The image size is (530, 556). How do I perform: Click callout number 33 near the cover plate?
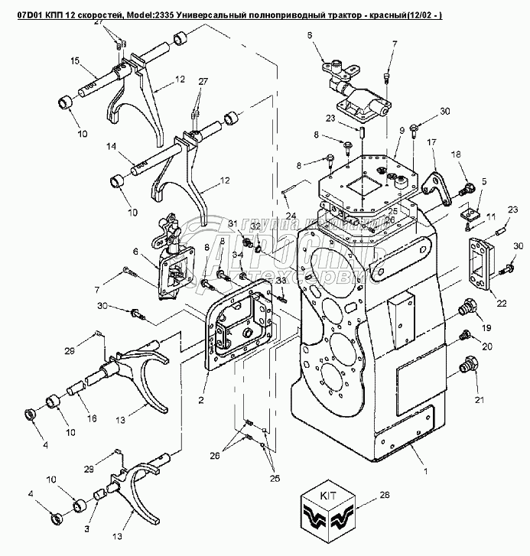click(x=280, y=281)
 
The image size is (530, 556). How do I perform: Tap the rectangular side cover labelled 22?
click(x=480, y=262)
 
